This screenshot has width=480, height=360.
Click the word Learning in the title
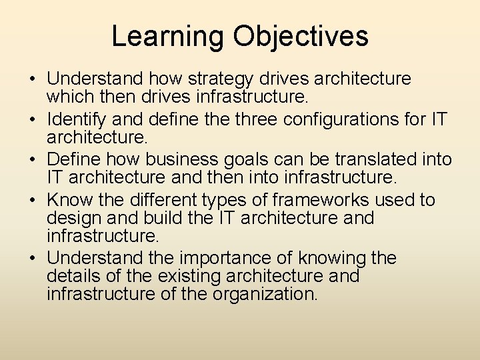click(167, 37)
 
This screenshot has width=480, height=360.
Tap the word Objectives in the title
click(300, 37)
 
